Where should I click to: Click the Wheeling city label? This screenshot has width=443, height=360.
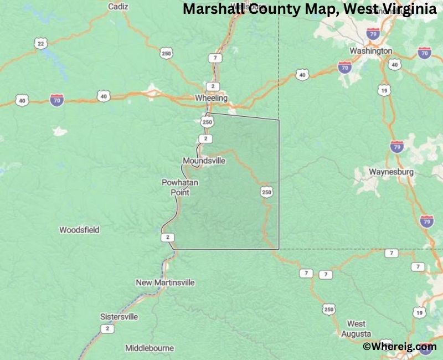coord(212,98)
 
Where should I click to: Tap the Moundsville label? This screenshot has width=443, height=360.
coord(204,161)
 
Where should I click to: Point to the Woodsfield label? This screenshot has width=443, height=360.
coord(79,229)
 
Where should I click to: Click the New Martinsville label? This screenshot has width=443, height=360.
coord(166,282)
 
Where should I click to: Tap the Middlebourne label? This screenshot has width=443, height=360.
coord(150,348)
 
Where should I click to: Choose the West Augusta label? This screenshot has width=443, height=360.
coord(356,328)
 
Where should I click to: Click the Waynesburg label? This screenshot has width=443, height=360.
coord(392,172)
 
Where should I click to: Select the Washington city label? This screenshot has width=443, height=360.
coord(371,51)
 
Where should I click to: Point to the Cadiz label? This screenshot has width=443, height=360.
coord(118,7)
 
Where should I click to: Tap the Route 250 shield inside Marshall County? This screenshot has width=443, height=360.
coord(266,192)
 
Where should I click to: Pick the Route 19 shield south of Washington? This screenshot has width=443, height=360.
coord(384,89)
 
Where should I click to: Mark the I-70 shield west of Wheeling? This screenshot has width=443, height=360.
coord(56,100)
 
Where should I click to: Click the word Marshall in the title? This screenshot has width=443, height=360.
coord(210,9)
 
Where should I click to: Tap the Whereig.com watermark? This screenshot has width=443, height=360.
coord(399,347)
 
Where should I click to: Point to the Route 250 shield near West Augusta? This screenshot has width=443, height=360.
coord(329,309)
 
